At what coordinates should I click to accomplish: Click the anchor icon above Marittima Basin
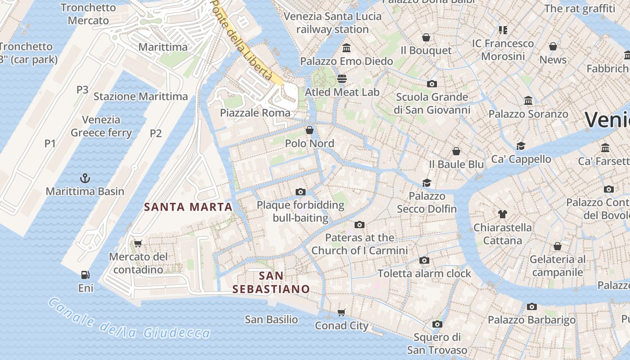pos(85,178)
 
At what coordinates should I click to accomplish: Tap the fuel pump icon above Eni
pos(85,274)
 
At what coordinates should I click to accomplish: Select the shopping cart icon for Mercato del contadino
pos(138,244)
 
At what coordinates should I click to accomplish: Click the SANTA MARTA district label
pos(188,207)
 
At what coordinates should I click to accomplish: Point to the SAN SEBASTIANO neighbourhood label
pos(271,282)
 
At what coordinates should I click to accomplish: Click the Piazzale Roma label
pos(255,113)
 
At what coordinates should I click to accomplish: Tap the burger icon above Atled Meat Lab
pos(342,79)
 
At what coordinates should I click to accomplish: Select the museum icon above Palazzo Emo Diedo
pos(346,48)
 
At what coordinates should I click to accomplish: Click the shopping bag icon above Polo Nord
pos(310,130)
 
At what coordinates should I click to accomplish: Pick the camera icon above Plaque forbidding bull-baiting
pos(301,192)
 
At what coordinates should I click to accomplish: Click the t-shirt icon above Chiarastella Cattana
pos(502,214)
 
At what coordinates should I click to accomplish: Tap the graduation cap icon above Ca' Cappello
pos(521,146)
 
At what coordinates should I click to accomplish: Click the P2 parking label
pos(156,133)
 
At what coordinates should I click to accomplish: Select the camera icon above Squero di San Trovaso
pos(437,324)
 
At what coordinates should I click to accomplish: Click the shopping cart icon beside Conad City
pos(342,312)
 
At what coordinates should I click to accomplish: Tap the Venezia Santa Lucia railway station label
pos(333,23)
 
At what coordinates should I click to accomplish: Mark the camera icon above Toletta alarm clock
pos(424,261)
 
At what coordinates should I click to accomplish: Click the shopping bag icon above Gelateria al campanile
pos(557,246)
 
